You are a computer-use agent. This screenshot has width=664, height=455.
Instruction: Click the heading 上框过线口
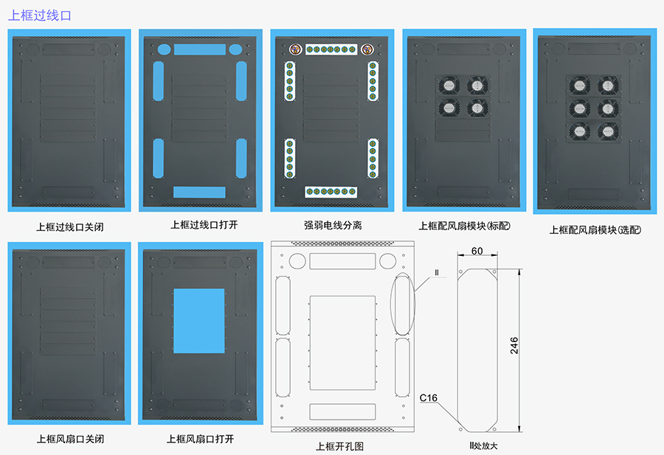[x=40, y=14]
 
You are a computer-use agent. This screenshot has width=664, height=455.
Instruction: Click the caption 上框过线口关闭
[x=70, y=226]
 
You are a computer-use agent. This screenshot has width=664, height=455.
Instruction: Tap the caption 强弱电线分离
[x=333, y=225]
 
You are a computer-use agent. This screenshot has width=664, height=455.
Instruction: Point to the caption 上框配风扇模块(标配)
[x=465, y=226]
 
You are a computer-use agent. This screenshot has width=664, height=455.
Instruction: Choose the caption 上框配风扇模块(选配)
[x=595, y=229]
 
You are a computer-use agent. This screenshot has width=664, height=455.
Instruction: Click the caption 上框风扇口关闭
[x=70, y=439]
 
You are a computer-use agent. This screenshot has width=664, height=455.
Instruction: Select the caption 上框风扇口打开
[x=201, y=439]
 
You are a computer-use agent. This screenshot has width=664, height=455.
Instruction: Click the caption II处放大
[x=484, y=445]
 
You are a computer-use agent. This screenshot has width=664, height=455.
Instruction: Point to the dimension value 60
[x=477, y=251]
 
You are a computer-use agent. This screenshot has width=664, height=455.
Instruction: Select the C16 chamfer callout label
[x=429, y=398]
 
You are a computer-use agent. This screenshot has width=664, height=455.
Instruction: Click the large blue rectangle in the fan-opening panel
[x=199, y=319]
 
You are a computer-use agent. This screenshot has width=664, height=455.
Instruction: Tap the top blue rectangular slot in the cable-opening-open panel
[x=199, y=49]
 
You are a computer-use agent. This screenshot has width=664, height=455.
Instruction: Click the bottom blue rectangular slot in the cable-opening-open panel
[x=199, y=192]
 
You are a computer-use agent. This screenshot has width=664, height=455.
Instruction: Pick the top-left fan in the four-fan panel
[x=449, y=86]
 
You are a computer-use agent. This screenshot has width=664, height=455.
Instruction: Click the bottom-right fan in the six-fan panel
[x=608, y=132]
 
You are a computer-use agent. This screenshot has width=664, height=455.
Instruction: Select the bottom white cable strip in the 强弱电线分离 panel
[x=331, y=192]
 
